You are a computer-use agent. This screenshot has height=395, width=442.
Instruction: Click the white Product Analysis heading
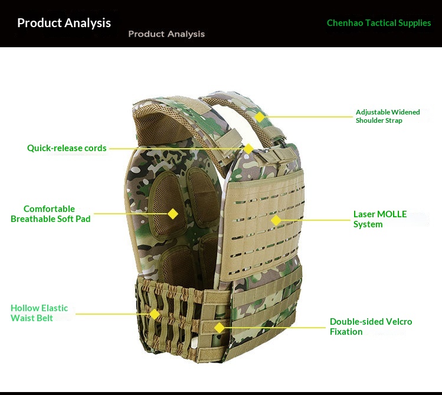click(x=64, y=23)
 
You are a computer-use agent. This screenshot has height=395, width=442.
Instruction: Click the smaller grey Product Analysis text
click(x=166, y=34)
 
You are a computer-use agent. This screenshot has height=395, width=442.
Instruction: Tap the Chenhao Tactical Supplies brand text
click(x=379, y=23)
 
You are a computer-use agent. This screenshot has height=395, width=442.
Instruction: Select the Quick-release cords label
click(x=67, y=148)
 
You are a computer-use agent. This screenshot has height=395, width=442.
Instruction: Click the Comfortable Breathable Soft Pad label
click(x=51, y=214)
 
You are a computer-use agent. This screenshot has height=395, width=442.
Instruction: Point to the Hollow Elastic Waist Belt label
click(x=39, y=313)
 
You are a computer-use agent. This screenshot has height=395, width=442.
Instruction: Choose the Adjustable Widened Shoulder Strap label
click(x=388, y=116)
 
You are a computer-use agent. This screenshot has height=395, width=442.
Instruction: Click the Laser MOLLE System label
click(x=380, y=219)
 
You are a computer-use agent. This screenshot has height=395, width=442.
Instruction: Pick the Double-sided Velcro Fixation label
click(x=371, y=327)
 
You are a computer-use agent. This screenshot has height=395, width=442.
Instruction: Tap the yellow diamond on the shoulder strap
click(x=260, y=117)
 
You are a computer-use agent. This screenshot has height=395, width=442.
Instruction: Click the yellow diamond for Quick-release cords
click(x=248, y=149)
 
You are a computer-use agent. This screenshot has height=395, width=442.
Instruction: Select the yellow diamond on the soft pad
click(x=173, y=214)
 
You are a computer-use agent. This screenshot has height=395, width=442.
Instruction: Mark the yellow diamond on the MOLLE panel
click(x=276, y=220)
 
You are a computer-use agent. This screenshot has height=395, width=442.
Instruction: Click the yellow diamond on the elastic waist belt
click(x=155, y=314)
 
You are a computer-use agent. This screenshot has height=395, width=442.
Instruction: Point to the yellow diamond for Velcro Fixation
click(x=220, y=328)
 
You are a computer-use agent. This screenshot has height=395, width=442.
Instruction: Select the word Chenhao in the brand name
click(x=345, y=23)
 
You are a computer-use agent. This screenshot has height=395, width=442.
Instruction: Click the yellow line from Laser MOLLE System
click(x=316, y=220)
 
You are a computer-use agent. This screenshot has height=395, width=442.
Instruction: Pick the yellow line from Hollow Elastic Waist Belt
click(x=112, y=314)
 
